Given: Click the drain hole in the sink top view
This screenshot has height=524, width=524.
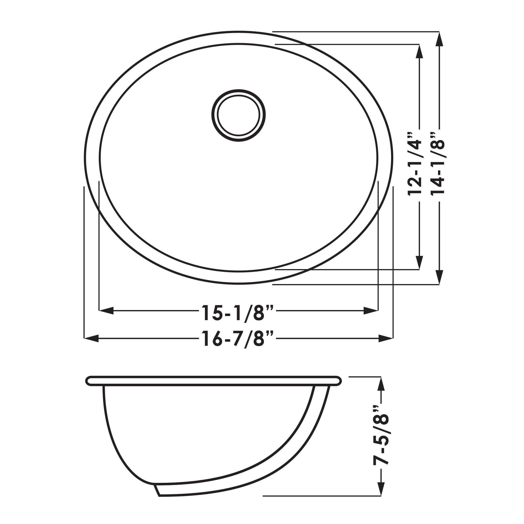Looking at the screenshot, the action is [239, 115].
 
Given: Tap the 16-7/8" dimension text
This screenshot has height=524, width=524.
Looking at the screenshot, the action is [237, 339].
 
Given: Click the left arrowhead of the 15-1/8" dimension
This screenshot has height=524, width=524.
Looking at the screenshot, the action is [106, 310].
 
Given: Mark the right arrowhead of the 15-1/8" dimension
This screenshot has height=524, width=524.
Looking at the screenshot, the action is [371, 310].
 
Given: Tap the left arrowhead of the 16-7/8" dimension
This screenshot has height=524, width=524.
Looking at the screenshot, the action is [91, 339].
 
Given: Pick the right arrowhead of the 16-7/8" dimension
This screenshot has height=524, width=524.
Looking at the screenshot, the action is [386, 339].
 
